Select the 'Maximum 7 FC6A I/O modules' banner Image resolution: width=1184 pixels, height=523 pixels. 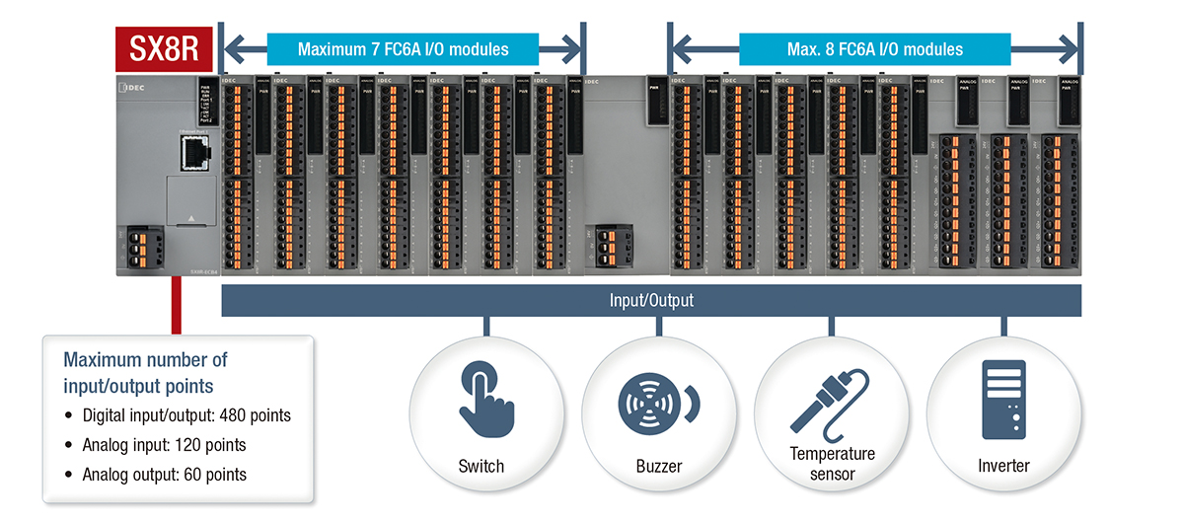pyautogui.click(x=403, y=48)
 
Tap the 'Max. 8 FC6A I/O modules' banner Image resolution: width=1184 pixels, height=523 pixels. pyautogui.click(x=874, y=48)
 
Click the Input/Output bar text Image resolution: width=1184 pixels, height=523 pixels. pyautogui.click(x=651, y=300)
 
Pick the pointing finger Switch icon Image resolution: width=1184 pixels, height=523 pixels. pyautogui.click(x=482, y=399)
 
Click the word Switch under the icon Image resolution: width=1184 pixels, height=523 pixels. pyautogui.click(x=481, y=466)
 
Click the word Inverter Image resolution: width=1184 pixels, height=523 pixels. pyautogui.click(x=1002, y=466)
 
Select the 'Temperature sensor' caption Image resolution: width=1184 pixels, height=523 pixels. pyautogui.click(x=832, y=464)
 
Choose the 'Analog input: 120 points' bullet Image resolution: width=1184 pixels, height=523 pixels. pyautogui.click(x=164, y=444)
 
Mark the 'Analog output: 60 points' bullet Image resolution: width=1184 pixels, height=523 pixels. pyautogui.click(x=164, y=475)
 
